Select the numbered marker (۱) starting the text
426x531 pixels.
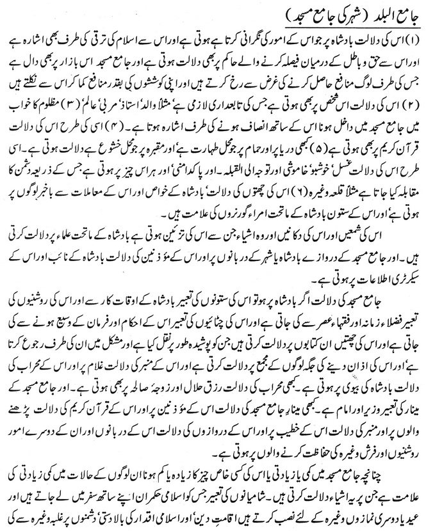(x=414, y=35)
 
